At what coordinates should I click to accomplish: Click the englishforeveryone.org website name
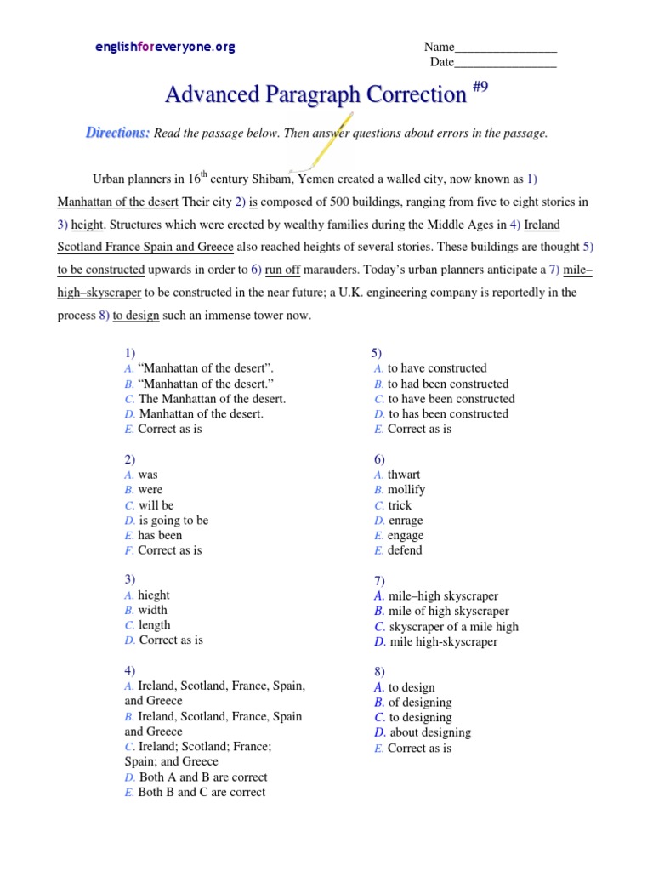[165, 48]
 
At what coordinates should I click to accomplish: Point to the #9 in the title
[479, 88]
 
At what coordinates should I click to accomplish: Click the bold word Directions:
[117, 133]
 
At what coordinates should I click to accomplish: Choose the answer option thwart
[403, 475]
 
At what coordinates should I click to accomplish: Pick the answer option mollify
[406, 490]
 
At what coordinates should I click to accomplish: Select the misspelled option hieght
[154, 595]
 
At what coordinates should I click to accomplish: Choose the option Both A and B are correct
[202, 777]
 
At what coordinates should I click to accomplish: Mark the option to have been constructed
[451, 399]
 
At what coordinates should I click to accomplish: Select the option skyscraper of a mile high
[453, 627]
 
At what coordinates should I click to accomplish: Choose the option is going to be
[173, 520]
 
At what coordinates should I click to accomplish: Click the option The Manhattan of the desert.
[212, 398]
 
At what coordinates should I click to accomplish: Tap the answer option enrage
[405, 520]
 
